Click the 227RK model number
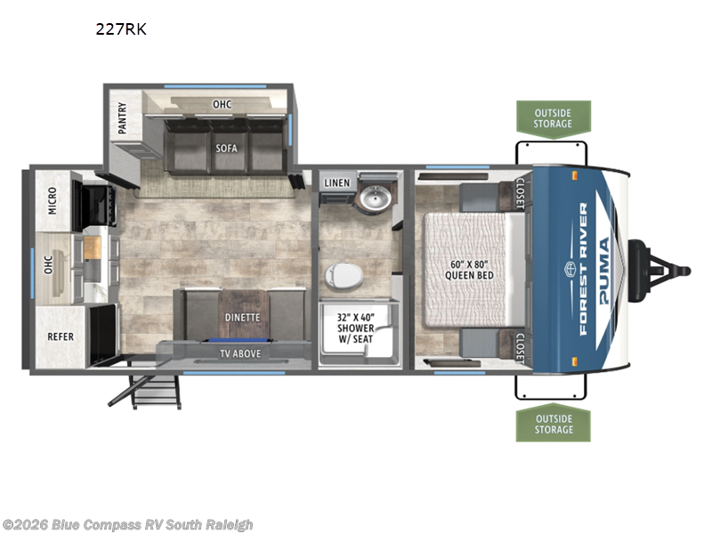click(121, 29)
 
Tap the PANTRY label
click(123, 118)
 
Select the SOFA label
click(226, 148)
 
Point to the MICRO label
click(53, 200)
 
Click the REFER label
click(61, 336)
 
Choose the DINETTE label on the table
click(242, 318)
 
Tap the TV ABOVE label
click(240, 353)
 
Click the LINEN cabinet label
click(337, 182)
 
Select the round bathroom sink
click(375, 198)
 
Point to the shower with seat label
click(355, 328)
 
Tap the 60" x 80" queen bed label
click(469, 270)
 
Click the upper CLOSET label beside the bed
click(520, 193)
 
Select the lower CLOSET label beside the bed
click(520, 349)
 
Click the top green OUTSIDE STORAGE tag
click(553, 119)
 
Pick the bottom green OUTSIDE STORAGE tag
click(553, 423)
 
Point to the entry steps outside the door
click(148, 392)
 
